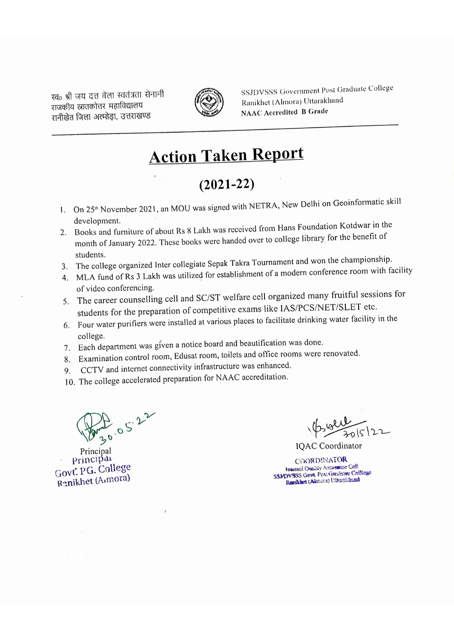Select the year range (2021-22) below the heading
click(x=226, y=184)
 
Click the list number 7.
click(x=67, y=348)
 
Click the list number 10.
click(x=70, y=382)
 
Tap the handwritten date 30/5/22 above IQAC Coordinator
click(x=366, y=432)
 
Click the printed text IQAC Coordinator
click(x=329, y=446)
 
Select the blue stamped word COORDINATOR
click(x=321, y=460)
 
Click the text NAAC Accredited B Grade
click(x=284, y=112)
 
